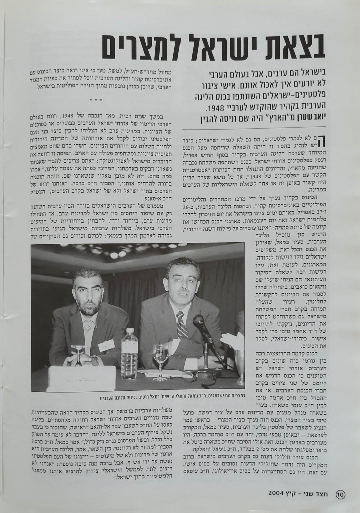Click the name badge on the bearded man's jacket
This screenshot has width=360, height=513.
[106, 346]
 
